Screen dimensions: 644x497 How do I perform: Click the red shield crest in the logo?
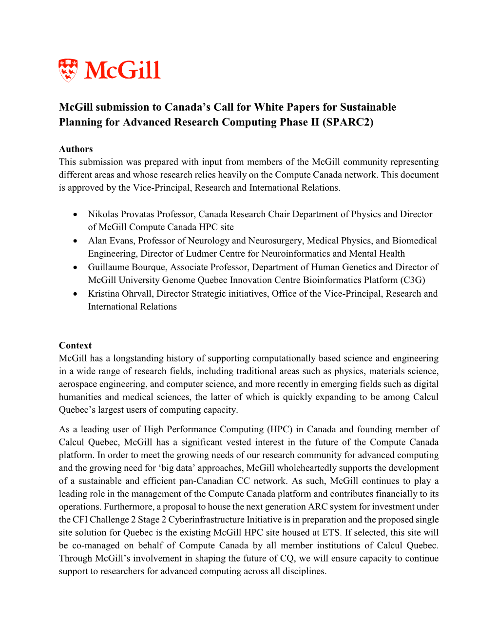pyautogui.click(x=68, y=70)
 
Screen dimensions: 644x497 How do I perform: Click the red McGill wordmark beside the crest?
pyautogui.click(x=122, y=71)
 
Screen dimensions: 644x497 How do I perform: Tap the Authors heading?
pyautogui.click(x=76, y=149)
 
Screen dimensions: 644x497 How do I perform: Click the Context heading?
pyautogui.click(x=75, y=345)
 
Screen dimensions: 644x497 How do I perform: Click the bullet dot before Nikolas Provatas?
pyautogui.click(x=75, y=214)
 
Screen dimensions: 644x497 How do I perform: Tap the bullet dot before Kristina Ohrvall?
pyautogui.click(x=75, y=294)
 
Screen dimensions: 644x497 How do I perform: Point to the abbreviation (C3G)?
pyautogui.click(x=413, y=280)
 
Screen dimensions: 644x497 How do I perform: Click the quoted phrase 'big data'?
pyautogui.click(x=223, y=468)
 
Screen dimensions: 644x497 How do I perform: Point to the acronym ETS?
pyautogui.click(x=331, y=533)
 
